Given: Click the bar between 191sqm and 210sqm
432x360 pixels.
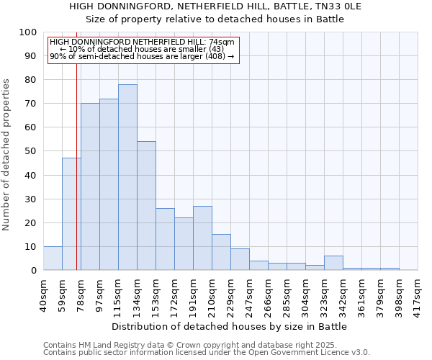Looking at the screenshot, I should [202, 238].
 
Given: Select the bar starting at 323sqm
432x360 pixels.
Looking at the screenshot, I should [333, 263].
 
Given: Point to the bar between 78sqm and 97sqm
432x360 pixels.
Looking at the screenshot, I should [90, 186].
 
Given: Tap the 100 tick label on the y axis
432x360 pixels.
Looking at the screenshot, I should [28, 32].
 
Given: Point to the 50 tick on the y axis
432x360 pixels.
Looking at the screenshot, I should [31, 151].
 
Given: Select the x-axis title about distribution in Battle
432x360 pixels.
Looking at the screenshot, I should [230, 326].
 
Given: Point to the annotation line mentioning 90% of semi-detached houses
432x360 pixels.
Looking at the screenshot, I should [142, 56].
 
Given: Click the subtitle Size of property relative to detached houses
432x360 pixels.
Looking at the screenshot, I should [215, 19].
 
